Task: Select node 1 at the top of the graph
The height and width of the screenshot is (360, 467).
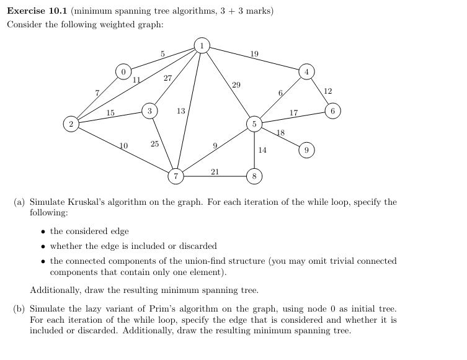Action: point(202,45)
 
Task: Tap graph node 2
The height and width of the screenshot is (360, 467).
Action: point(71,124)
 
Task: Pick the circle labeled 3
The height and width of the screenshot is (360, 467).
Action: point(149,110)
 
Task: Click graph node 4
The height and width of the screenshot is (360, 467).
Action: point(306,71)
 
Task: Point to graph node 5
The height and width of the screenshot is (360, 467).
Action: point(254,124)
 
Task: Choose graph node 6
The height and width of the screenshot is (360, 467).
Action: point(333,111)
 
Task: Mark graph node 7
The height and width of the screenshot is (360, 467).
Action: point(176,176)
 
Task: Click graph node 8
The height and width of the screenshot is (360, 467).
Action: point(254,176)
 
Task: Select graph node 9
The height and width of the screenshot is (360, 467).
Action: point(306,150)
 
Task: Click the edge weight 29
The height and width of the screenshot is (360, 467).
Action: point(236,84)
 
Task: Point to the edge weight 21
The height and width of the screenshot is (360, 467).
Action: point(215,171)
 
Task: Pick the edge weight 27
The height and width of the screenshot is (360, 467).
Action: point(168,78)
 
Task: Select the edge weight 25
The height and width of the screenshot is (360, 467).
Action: point(154,144)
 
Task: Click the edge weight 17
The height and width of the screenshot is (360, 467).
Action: point(294,113)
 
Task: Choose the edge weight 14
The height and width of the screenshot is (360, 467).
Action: point(262,150)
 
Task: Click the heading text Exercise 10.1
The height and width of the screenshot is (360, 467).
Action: point(37,11)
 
